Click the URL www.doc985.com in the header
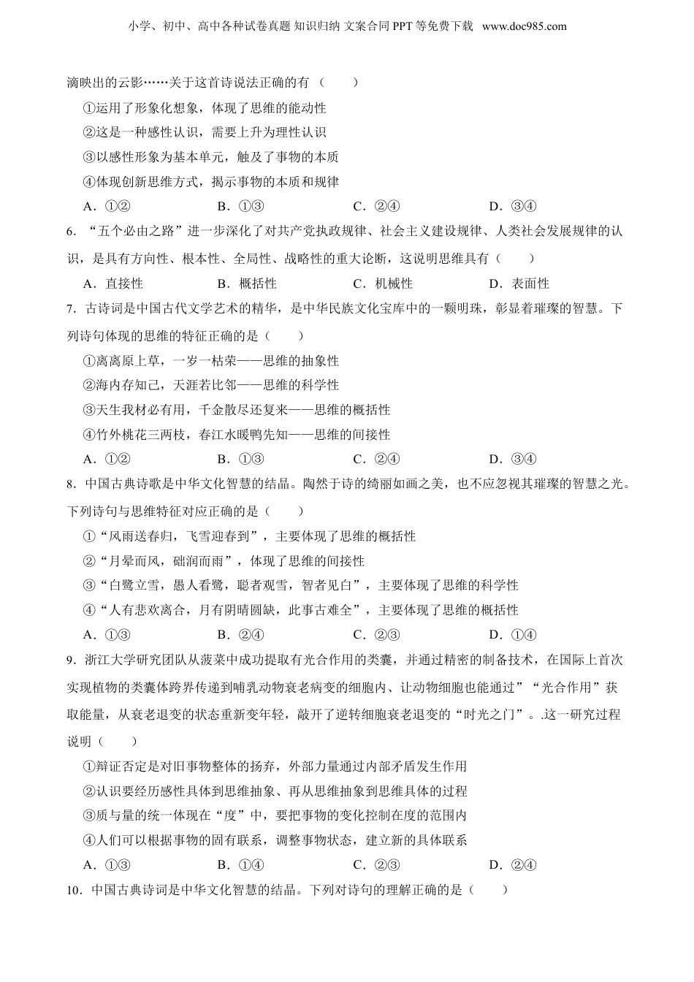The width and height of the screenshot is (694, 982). pyautogui.click(x=525, y=26)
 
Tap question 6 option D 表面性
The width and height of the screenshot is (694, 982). pyautogui.click(x=519, y=283)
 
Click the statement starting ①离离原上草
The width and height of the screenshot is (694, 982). pyautogui.click(x=211, y=361)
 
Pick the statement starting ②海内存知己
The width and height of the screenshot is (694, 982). pyautogui.click(x=211, y=385)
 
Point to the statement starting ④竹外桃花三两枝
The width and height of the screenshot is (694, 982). pyautogui.click(x=237, y=435)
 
